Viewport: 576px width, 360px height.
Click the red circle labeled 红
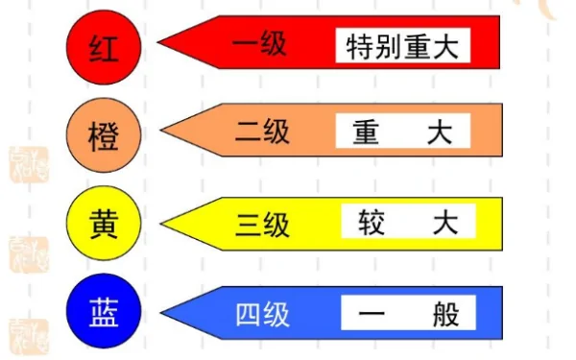point(104,44)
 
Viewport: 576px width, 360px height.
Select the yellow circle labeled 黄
point(104,223)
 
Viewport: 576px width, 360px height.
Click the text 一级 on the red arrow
point(260,43)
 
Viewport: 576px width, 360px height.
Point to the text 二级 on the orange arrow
point(261,132)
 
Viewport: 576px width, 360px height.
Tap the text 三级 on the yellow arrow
point(262,224)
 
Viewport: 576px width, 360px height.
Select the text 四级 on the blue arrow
point(262,313)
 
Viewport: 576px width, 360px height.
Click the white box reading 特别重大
point(404,44)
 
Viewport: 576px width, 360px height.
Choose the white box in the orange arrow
point(403,132)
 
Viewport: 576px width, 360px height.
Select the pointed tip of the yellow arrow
point(163,224)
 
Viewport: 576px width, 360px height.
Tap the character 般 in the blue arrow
point(445,313)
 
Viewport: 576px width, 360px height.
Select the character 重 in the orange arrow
point(366,132)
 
